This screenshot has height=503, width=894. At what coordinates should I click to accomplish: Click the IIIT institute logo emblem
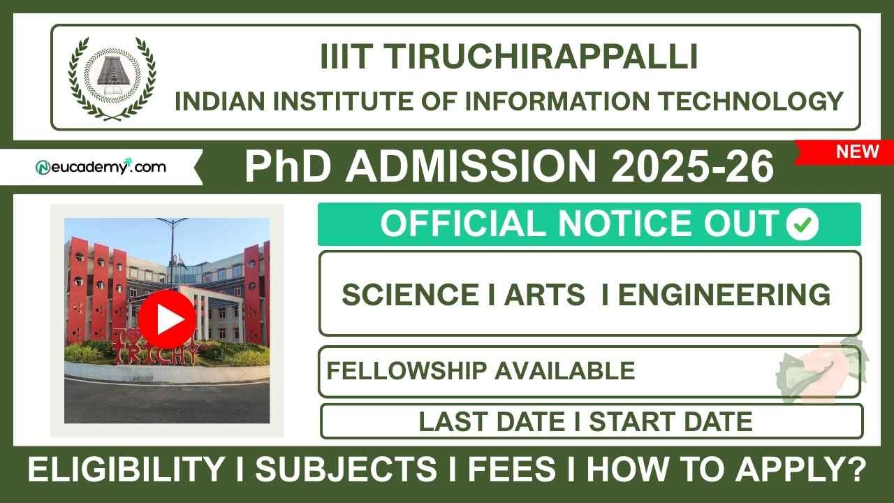pos(112,78)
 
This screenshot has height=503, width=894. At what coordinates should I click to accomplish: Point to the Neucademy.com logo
pos(101,167)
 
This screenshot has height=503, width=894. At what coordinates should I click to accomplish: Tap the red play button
pos(167,319)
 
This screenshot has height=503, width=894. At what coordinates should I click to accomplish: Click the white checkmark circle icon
pos(803,224)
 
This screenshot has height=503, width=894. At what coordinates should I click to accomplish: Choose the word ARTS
pos(545,295)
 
